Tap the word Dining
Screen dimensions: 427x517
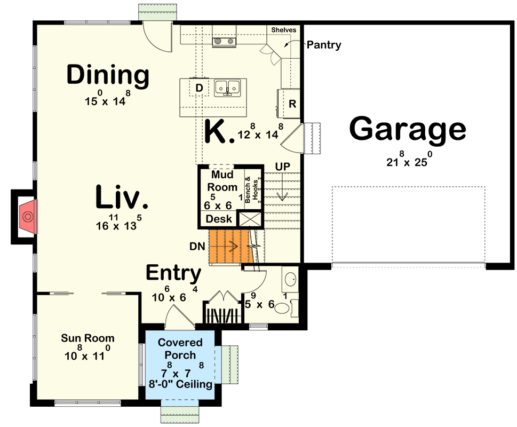(107, 76)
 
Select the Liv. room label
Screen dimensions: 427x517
(122, 197)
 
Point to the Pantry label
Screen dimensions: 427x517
(323, 45)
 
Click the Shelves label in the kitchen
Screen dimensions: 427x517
(283, 30)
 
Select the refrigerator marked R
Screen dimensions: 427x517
(292, 104)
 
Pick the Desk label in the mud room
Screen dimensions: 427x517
(219, 219)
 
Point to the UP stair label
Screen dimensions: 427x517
(282, 167)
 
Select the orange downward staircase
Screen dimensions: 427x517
(228, 247)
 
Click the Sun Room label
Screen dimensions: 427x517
(88, 338)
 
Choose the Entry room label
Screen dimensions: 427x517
(174, 273)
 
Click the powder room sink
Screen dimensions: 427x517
(291, 279)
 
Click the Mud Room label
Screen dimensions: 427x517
(224, 181)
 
